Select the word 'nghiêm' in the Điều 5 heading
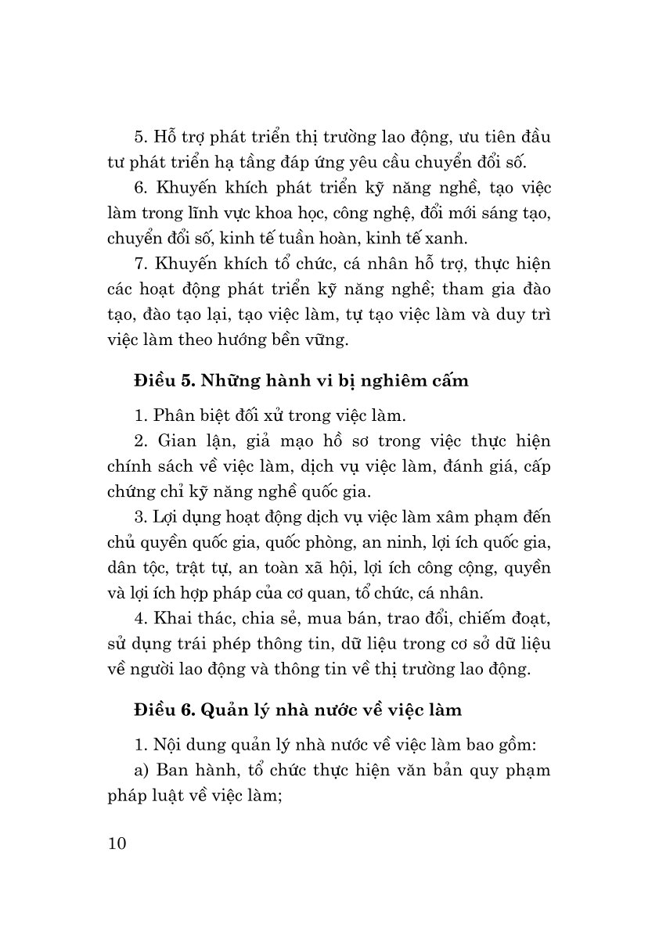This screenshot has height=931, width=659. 384,382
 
